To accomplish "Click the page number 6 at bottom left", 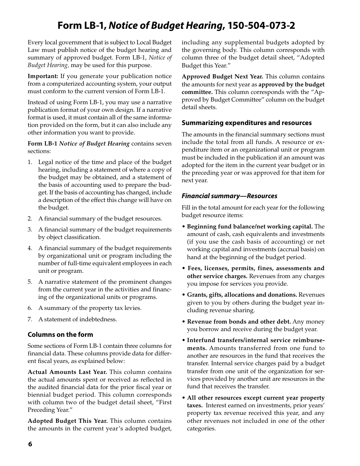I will click(30, 444).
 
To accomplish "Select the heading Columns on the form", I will click(60, 335).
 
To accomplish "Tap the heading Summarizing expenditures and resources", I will click(246, 123).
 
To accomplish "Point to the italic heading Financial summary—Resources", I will click(229, 196).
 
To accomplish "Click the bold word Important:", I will click(43, 76).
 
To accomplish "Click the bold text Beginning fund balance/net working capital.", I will click(250, 227).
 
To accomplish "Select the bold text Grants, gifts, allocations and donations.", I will click(242, 295).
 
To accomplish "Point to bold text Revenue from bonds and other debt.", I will click(239, 322).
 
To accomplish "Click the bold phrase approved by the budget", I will click(291, 84).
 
